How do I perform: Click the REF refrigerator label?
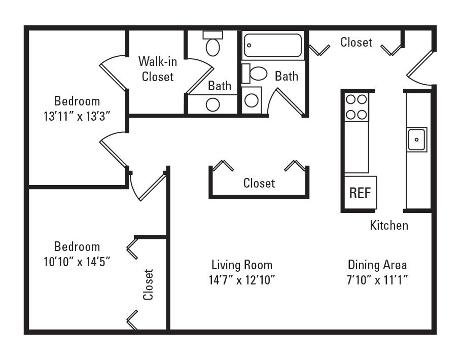click(x=360, y=193)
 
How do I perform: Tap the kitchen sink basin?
click(x=416, y=138)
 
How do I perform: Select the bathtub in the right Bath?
click(x=273, y=46)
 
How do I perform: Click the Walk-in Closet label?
click(x=158, y=69)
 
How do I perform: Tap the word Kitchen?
click(x=389, y=225)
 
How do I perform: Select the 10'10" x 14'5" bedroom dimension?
click(x=77, y=262)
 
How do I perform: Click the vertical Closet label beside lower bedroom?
click(x=148, y=284)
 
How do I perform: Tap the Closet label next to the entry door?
click(x=356, y=43)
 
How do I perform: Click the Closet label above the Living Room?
click(x=259, y=183)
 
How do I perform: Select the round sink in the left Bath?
click(x=213, y=104)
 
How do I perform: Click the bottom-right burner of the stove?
click(x=362, y=115)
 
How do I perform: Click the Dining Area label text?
click(x=377, y=265)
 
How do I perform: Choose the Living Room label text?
click(x=242, y=265)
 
